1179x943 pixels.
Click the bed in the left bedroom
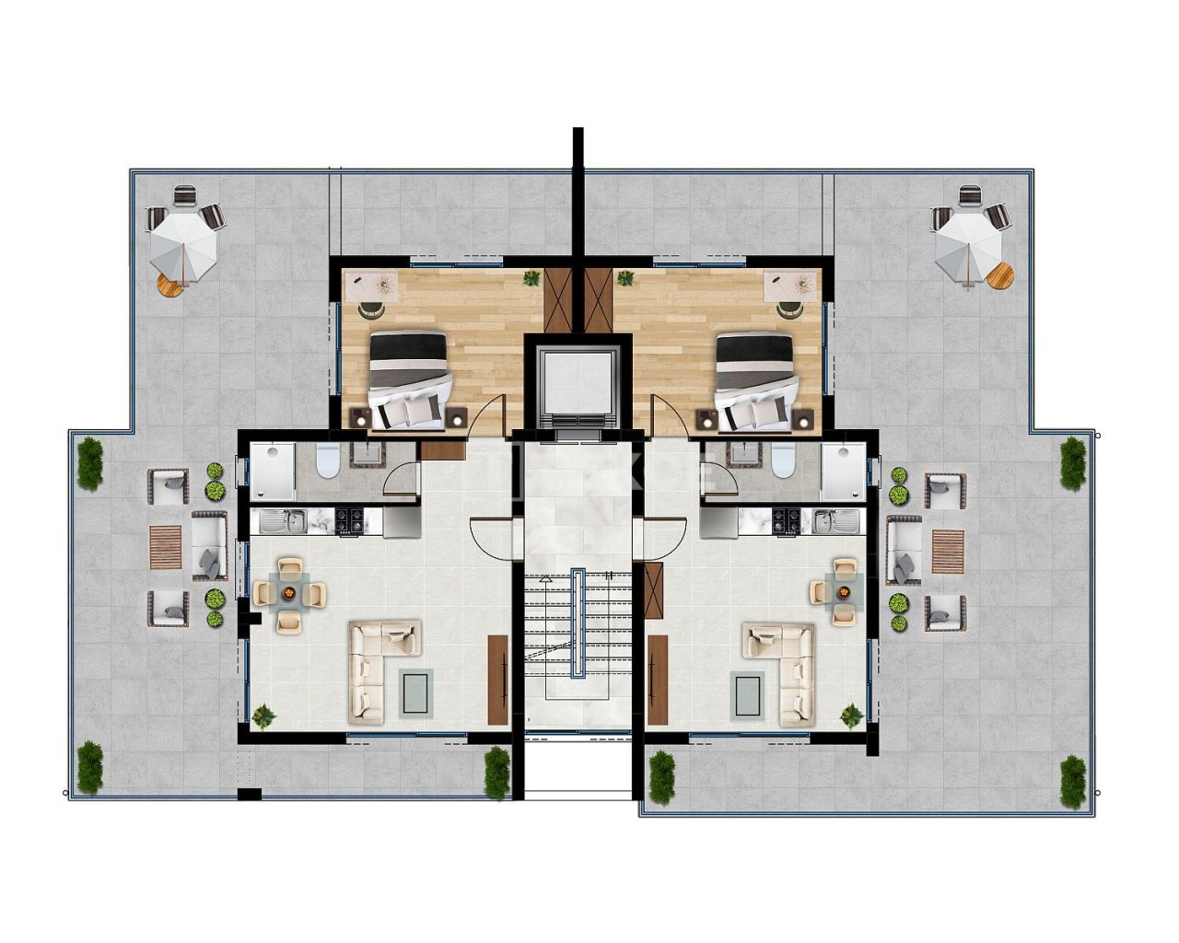pos(409,379)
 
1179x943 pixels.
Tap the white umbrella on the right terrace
pos(968,242)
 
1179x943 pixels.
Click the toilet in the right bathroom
pos(783,460)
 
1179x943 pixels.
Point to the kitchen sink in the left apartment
pos(277,522)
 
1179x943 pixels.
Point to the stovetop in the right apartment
pos(786,521)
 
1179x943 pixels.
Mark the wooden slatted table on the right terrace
pos(947,551)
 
